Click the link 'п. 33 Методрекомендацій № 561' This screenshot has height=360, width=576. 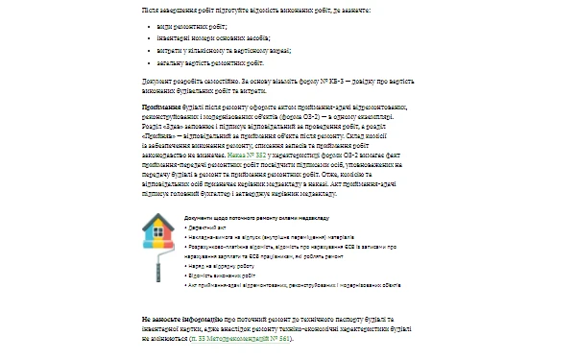211,339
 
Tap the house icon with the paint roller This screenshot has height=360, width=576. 159,249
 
